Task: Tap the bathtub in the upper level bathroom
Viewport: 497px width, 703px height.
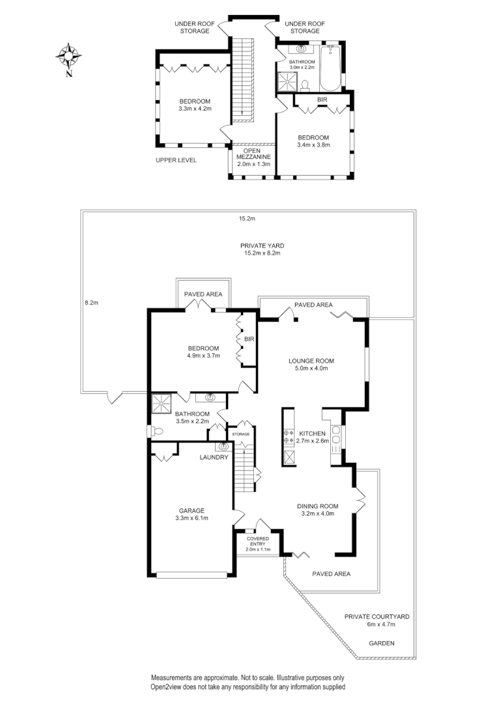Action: [330, 68]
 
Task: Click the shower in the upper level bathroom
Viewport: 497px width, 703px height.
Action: [287, 80]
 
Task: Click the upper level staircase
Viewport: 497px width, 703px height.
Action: [242, 78]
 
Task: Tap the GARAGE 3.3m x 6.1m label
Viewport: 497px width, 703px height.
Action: [192, 514]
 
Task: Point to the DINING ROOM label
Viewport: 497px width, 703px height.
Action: [318, 509]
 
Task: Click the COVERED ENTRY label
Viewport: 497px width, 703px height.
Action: [258, 544]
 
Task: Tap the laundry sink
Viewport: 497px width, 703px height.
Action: [223, 447]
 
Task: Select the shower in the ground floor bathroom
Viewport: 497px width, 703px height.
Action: [161, 404]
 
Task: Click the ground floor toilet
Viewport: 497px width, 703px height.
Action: [156, 430]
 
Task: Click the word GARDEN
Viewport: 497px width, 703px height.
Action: [382, 643]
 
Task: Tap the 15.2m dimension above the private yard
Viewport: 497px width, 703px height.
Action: [246, 219]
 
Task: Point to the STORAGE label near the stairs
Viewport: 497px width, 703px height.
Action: [240, 434]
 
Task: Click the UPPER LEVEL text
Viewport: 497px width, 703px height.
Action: [176, 160]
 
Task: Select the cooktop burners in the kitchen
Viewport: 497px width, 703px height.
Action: [288, 436]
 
